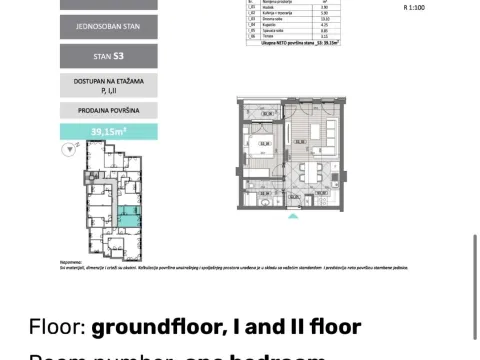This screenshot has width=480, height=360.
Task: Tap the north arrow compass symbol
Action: (x=68, y=151)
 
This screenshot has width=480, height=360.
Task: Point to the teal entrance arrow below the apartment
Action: (x=292, y=215)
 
